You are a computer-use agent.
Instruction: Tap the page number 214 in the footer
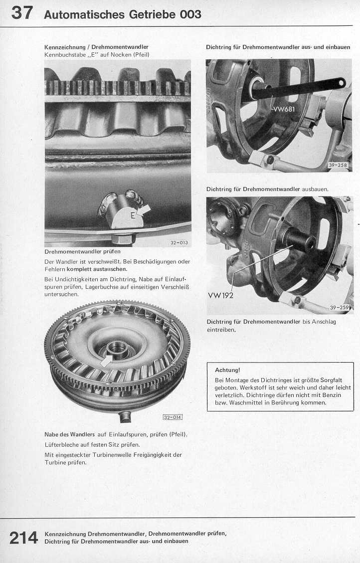pyautogui.click(x=23, y=538)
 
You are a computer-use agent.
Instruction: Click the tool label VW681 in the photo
pyautogui.click(x=284, y=110)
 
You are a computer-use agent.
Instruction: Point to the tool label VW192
pyautogui.click(x=220, y=294)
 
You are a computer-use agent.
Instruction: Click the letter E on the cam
pyautogui.click(x=133, y=215)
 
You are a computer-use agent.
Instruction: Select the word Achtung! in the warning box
pyautogui.click(x=227, y=370)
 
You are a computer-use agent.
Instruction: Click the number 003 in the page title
pyautogui.click(x=191, y=14)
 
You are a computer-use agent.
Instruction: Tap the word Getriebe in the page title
pyautogui.click(x=152, y=14)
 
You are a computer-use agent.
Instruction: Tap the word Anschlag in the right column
pyautogui.click(x=325, y=322)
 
